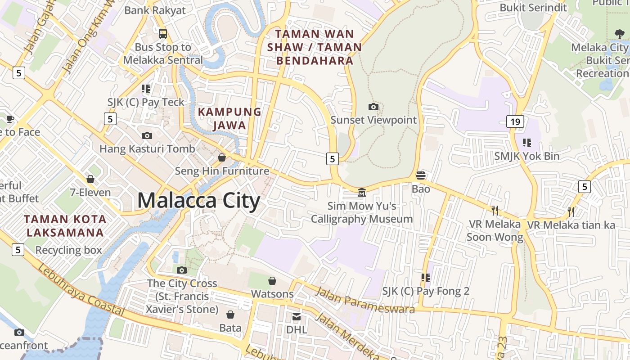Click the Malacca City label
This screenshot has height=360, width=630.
point(198,200)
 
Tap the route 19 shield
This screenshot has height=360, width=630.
point(515,121)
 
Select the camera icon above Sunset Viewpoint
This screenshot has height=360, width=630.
point(373,107)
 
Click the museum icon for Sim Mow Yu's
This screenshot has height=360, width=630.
point(361,193)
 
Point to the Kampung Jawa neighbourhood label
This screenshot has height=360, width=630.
point(229,118)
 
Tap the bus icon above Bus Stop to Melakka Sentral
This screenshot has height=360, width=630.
point(163,33)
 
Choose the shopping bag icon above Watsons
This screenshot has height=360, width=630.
point(272,281)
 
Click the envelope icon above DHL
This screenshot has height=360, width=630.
point(297,317)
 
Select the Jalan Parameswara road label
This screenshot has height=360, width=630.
point(364,299)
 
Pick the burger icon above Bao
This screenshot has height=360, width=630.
point(421,175)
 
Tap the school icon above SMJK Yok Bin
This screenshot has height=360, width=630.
point(526,143)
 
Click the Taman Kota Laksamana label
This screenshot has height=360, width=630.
point(65,226)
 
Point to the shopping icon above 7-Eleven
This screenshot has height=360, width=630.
point(90,179)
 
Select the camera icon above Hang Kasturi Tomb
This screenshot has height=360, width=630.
point(147,135)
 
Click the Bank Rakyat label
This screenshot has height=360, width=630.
point(155,10)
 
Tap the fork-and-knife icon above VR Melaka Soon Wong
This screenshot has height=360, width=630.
point(495,210)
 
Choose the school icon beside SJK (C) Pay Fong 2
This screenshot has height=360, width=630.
point(425,278)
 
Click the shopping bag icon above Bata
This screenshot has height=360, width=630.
point(230,315)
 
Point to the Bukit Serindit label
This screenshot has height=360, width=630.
point(527,8)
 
